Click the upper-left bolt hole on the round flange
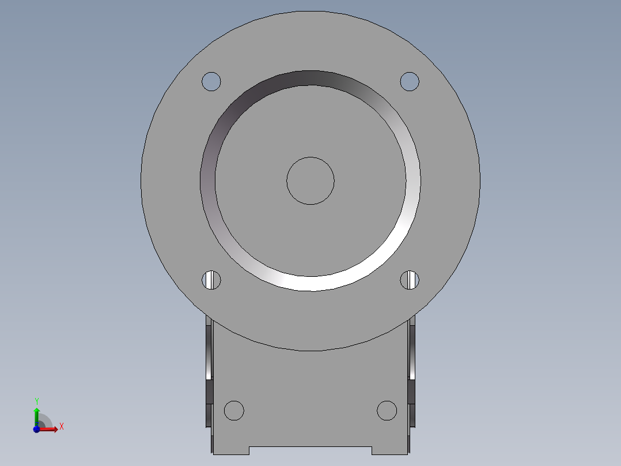(x=211, y=81)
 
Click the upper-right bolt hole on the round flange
(x=410, y=81)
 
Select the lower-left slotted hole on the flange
(x=211, y=280)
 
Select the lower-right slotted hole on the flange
(x=410, y=280)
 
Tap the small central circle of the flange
(x=310, y=181)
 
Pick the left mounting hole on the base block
(x=234, y=411)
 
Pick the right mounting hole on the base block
(x=387, y=411)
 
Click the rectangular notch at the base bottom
(x=310, y=450)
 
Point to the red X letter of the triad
(x=61, y=427)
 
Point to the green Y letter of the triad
(x=36, y=401)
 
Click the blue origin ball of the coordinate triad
(x=36, y=429)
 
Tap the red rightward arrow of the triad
(x=51, y=429)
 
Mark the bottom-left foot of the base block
(x=230, y=450)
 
